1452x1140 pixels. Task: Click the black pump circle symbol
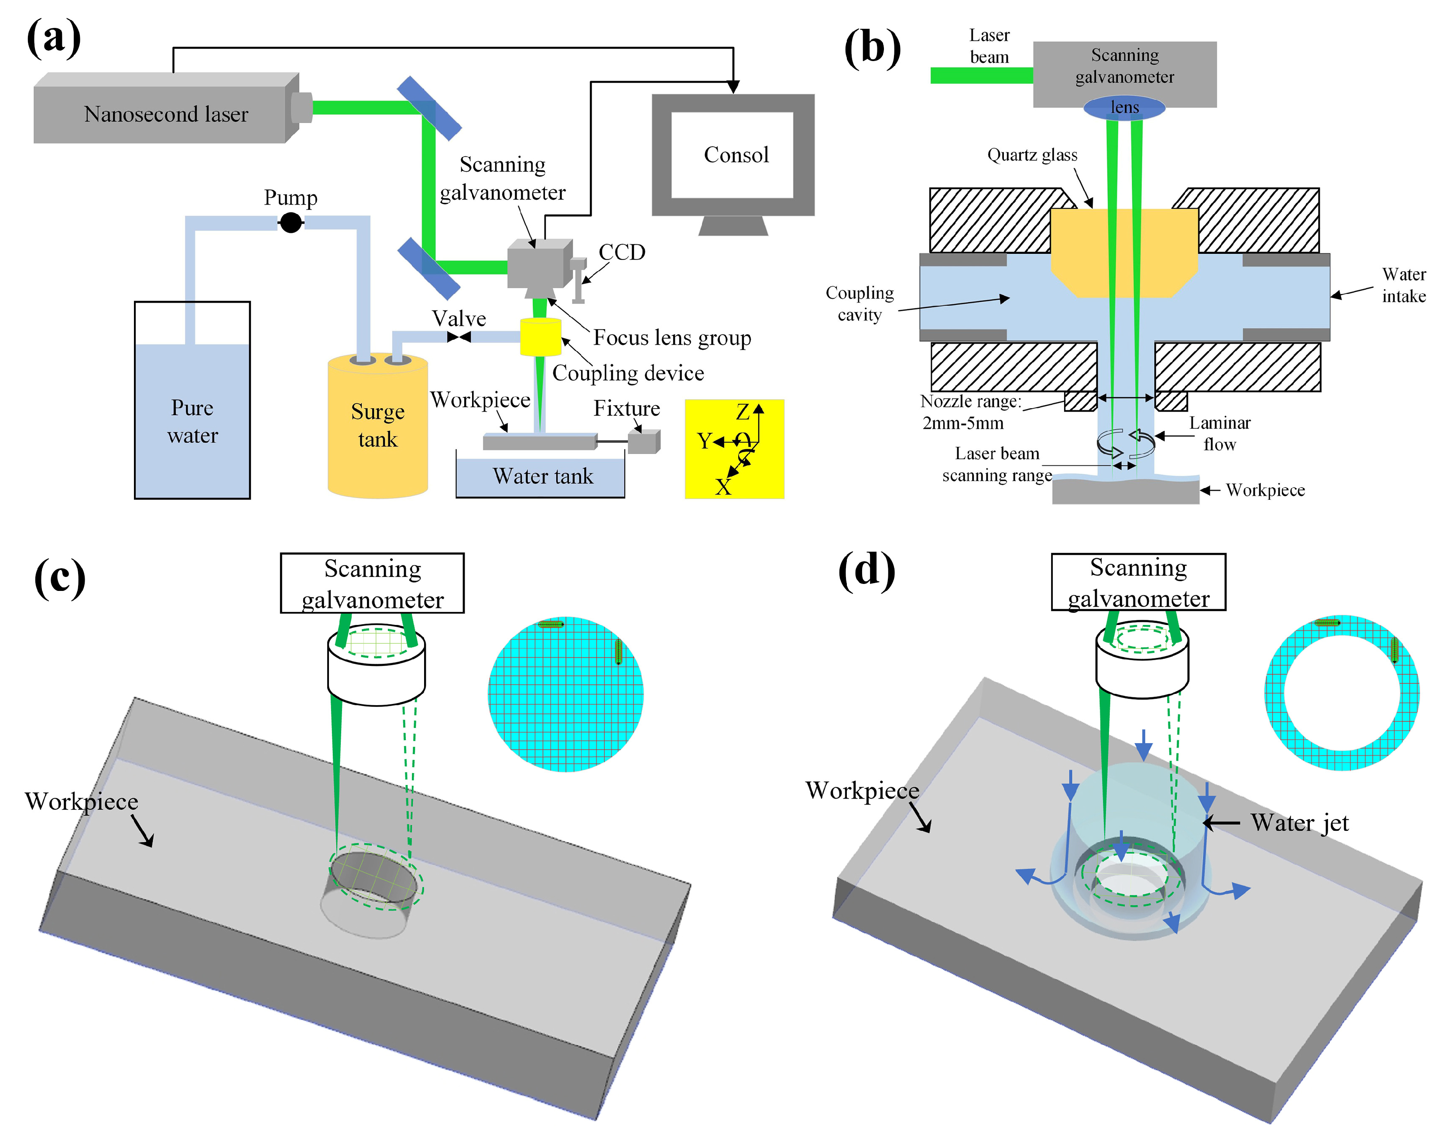click(x=291, y=222)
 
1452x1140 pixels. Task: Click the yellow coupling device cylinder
click(x=540, y=337)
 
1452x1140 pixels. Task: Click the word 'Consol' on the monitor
click(x=736, y=155)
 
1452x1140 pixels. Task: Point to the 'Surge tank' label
click(x=378, y=425)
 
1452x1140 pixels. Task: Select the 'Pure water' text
click(x=192, y=421)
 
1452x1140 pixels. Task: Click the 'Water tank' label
click(x=543, y=476)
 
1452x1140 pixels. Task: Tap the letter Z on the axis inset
click(x=742, y=412)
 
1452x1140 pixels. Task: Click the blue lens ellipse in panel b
click(x=1124, y=107)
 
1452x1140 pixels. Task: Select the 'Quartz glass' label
click(x=1032, y=156)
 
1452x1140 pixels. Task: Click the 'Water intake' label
click(x=1404, y=285)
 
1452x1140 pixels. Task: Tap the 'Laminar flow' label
click(x=1220, y=433)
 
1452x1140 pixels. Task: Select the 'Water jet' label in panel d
click(x=1299, y=823)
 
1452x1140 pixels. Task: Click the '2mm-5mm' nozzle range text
click(x=962, y=423)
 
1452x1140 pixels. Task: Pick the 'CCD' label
click(x=622, y=253)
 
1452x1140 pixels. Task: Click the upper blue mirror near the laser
click(x=429, y=108)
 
